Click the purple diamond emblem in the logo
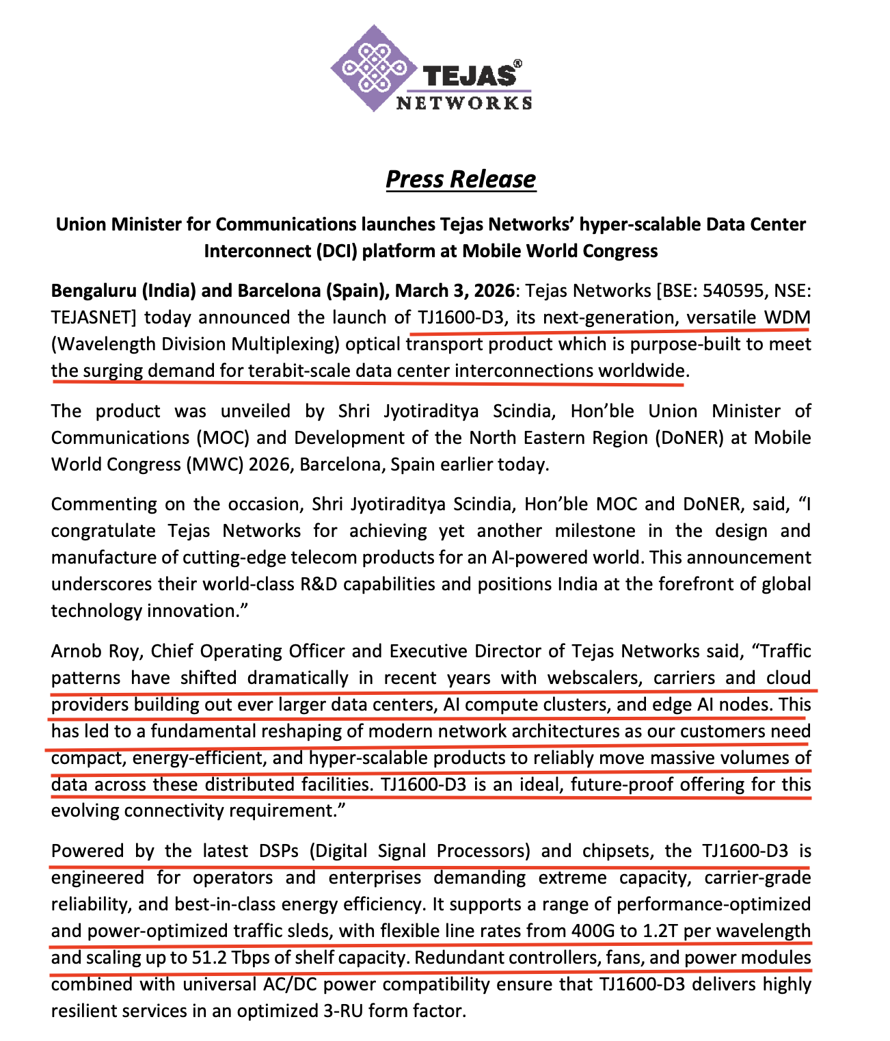[373, 68]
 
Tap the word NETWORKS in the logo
[464, 103]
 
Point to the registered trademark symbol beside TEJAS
[517, 63]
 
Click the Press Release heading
[461, 179]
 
